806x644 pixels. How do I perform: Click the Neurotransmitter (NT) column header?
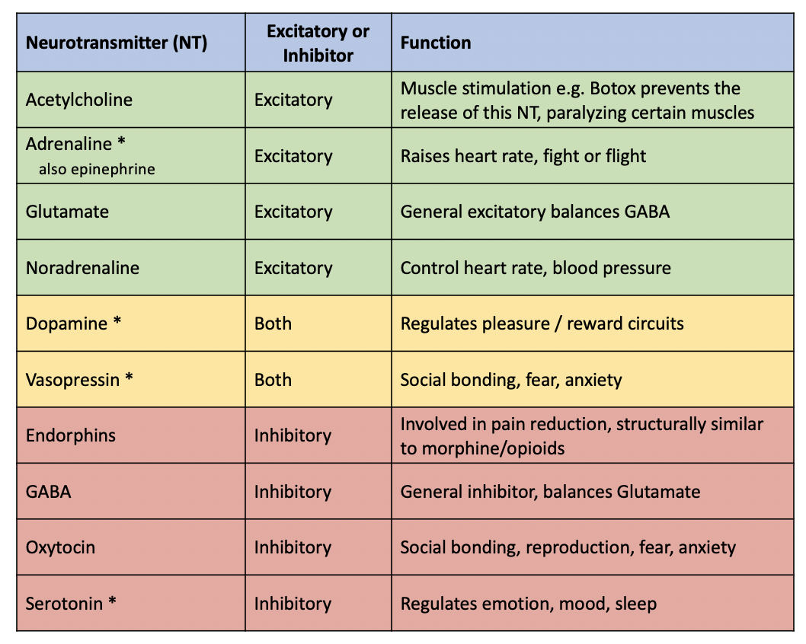coord(117,42)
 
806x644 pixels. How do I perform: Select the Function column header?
coord(436,42)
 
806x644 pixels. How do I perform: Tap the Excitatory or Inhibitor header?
coord(318,43)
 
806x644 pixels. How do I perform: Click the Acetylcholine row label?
coord(79,100)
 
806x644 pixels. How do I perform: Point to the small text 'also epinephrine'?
coord(97,169)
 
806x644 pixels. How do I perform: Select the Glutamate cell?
coord(67,212)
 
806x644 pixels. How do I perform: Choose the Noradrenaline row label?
coord(83,268)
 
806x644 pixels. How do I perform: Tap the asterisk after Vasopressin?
coord(129,378)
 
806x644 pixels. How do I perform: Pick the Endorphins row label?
coord(71,435)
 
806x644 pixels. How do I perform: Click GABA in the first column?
coord(48,492)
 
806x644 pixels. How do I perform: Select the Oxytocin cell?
coord(60,547)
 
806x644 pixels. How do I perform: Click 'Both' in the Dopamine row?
coord(273,324)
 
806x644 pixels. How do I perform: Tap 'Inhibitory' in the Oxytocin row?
coord(293,547)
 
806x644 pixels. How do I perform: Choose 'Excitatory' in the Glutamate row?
coord(293,212)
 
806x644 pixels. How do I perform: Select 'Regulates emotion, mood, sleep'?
coord(529,604)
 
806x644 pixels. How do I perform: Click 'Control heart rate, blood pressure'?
coord(536,268)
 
